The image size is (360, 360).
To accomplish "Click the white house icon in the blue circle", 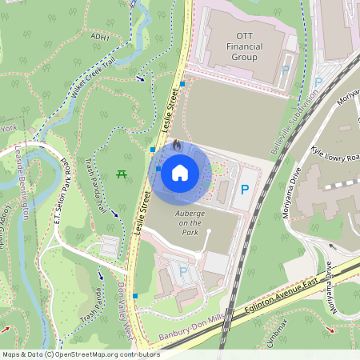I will coord(180,172).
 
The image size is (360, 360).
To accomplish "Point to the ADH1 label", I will coord(100,37).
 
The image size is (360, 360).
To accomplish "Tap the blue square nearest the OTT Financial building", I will coord(183,83).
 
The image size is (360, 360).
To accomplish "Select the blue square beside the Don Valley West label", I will coord(136,296).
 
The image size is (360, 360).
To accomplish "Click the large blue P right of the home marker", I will coord(246,190).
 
